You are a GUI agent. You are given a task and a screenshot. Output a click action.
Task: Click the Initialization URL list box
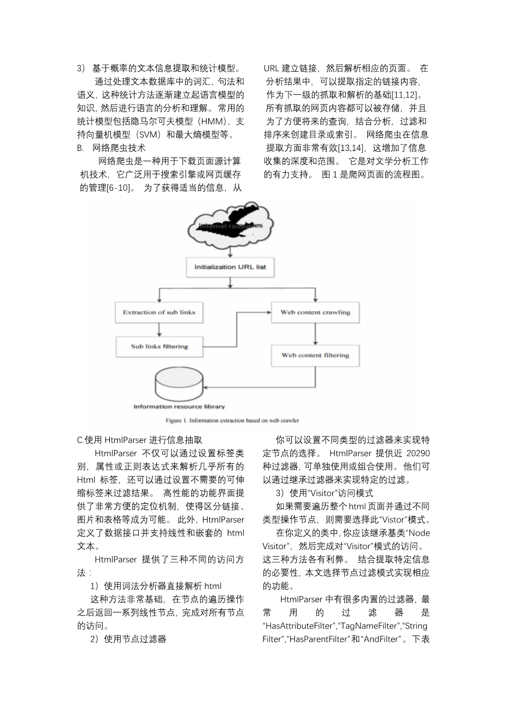point(230,267)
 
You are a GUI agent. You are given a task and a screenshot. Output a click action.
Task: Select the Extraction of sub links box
point(159,312)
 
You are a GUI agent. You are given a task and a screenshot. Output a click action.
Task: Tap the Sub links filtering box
point(159,346)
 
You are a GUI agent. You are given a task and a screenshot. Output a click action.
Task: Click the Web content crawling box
point(315,312)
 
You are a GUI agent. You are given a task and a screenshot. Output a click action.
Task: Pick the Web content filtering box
point(315,356)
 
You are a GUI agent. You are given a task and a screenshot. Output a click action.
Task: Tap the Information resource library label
point(179,407)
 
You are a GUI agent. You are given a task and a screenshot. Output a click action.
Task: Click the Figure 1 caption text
point(232,421)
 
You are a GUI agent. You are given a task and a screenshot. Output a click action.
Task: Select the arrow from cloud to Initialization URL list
point(230,251)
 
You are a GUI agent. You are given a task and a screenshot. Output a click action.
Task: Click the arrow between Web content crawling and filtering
point(315,333)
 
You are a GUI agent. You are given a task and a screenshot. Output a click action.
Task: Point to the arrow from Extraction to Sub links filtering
point(159,329)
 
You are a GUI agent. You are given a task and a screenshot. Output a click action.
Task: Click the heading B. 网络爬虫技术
point(111,148)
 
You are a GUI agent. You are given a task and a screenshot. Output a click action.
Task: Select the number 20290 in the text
point(419,453)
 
